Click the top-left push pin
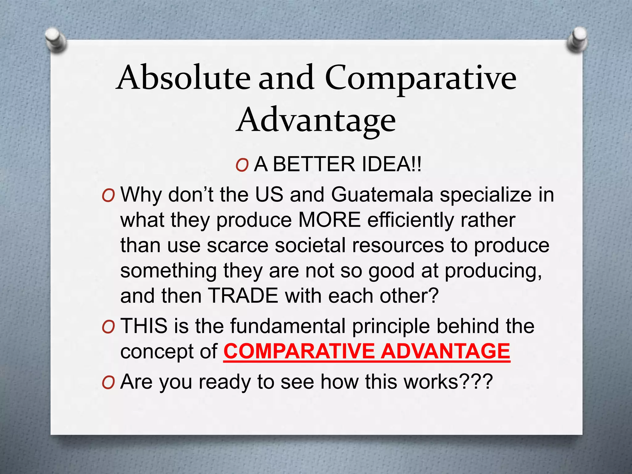click(56, 40)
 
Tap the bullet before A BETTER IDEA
click(242, 165)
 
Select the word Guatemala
click(382, 195)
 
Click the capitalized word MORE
click(330, 220)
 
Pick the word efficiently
click(410, 220)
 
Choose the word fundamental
click(288, 326)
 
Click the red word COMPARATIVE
click(299, 351)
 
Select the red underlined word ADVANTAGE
click(445, 351)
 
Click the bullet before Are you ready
click(108, 383)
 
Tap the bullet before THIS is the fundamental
click(108, 327)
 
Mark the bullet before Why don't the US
click(108, 196)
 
